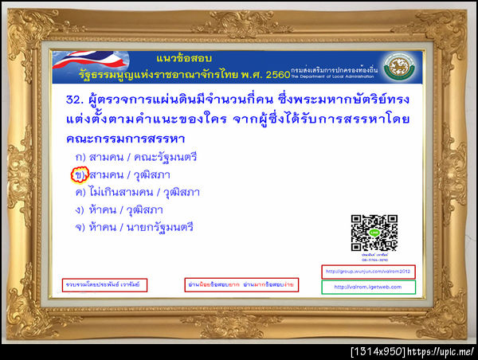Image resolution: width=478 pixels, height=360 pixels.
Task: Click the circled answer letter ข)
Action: pos(78,174)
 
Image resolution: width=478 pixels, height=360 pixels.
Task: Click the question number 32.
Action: pos(76,101)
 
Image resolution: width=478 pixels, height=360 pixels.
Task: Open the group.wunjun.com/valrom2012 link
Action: pos(367,272)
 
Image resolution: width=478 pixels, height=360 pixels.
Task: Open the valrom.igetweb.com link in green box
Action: pos(367,287)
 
